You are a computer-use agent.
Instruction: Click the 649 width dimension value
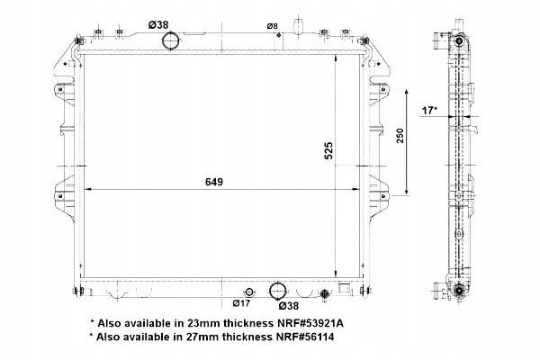point(213,181)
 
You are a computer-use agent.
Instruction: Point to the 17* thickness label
point(430,110)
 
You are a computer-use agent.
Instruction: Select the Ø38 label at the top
point(158,23)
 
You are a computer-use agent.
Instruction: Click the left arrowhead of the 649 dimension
point(88,190)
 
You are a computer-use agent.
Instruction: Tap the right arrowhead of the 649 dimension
point(369,190)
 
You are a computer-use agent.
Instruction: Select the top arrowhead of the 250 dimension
point(409,92)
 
